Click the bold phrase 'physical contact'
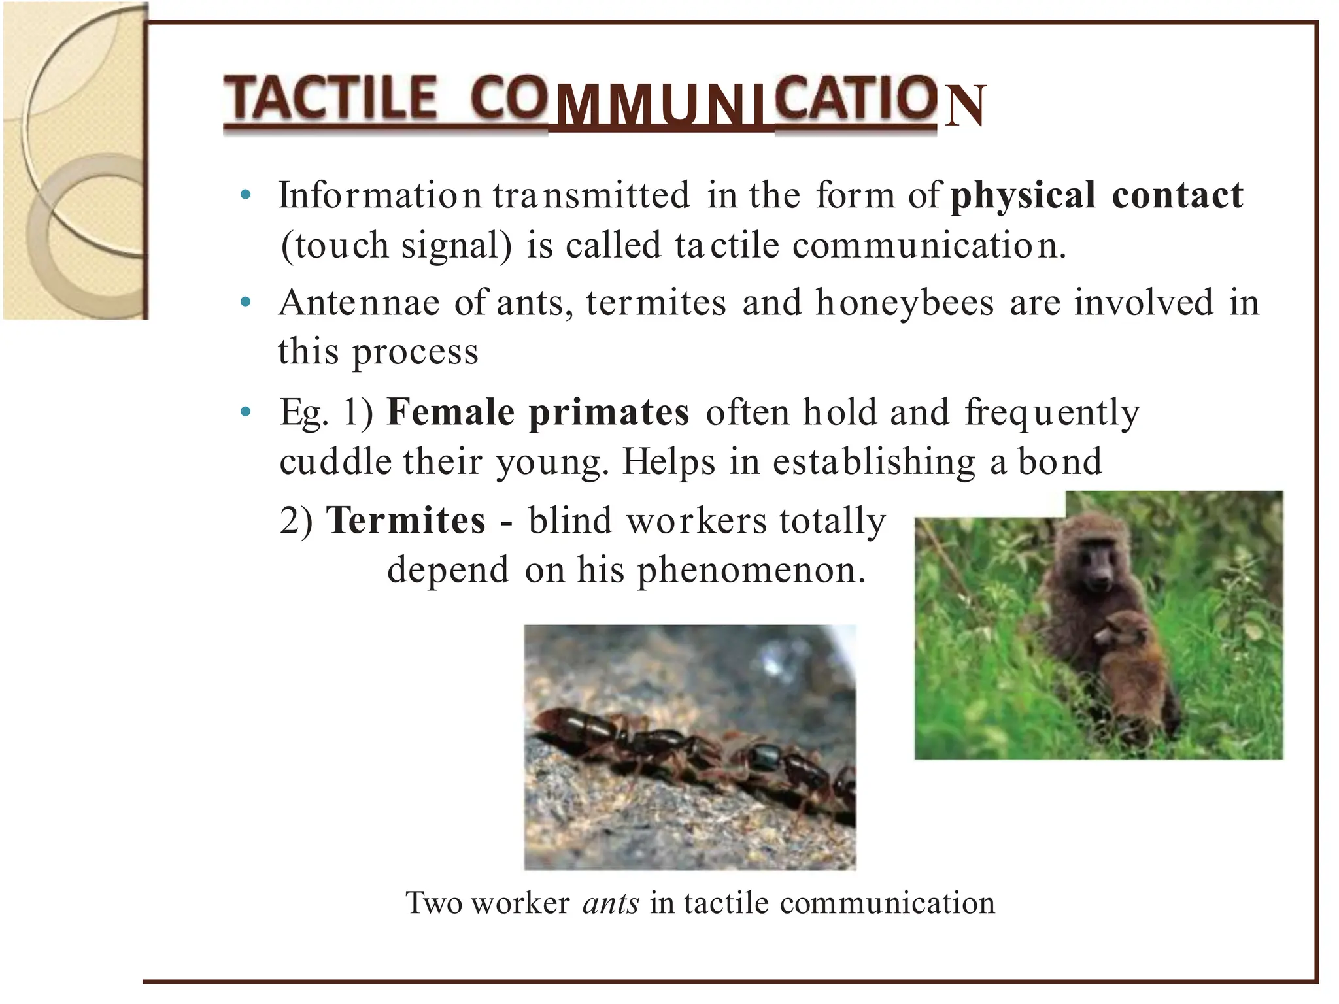tap(1096, 195)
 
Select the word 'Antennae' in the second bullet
tap(359, 303)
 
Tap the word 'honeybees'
tap(905, 303)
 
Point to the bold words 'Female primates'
tap(537, 412)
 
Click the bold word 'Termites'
tap(406, 520)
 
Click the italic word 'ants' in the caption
tap(611, 903)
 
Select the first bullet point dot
tap(246, 194)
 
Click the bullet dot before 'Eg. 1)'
tap(246, 412)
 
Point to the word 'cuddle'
tap(335, 461)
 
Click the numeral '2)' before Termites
tap(296, 520)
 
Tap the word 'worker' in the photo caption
tap(520, 903)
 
